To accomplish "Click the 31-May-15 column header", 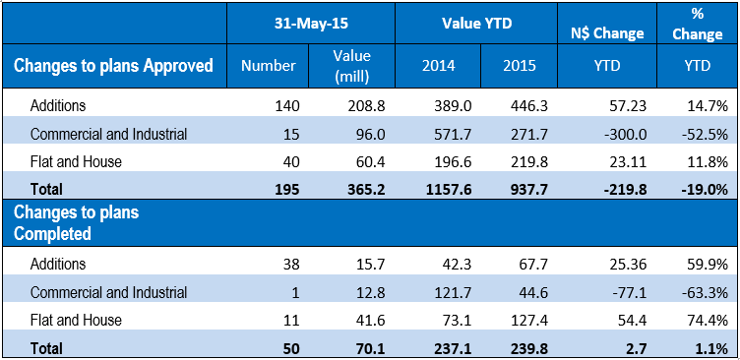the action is (x=311, y=24).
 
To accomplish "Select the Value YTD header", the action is (x=476, y=24).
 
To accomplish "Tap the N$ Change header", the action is (x=607, y=33).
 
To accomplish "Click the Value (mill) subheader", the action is (x=351, y=66).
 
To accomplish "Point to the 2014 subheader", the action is (x=439, y=66).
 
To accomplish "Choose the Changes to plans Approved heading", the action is (x=113, y=66).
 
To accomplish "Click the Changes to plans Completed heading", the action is (x=77, y=222).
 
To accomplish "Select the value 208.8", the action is (x=366, y=106).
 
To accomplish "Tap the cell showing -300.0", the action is (x=626, y=135).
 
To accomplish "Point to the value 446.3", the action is (x=528, y=106).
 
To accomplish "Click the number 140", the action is (x=288, y=106).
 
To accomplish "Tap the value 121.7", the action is (x=452, y=292).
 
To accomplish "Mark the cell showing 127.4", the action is (x=528, y=321).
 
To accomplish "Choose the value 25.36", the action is (x=627, y=265).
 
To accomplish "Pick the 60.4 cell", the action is (x=370, y=162).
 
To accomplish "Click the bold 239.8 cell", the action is (x=528, y=348).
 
